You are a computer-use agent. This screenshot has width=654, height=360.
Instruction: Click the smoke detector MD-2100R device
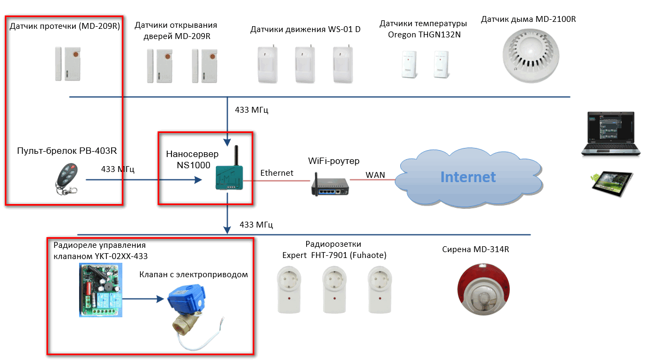tap(531, 56)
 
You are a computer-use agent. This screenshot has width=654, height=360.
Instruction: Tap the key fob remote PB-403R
tap(67, 179)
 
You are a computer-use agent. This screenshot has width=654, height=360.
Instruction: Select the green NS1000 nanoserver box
tap(229, 178)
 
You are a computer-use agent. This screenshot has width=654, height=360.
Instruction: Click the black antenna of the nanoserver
tap(236, 155)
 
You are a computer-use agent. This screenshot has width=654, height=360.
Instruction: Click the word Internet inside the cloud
tap(468, 177)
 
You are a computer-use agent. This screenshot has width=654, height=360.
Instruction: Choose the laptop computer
tap(611, 134)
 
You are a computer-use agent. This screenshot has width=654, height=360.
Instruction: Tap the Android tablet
tap(611, 184)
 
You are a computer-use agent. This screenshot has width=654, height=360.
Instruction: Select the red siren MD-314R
tap(483, 289)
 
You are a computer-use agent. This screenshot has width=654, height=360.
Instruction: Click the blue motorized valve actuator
tap(187, 300)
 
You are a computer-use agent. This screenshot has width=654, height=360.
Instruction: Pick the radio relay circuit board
tap(101, 290)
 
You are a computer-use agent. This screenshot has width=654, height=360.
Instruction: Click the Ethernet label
tap(276, 173)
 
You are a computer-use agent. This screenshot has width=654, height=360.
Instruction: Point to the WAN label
tap(375, 175)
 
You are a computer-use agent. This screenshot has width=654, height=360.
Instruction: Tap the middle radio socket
tap(334, 289)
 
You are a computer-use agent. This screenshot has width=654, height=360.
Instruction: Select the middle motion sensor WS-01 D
tap(305, 64)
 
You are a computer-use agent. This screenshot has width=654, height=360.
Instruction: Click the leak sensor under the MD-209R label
tap(68, 64)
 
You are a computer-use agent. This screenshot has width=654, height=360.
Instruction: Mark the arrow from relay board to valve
tap(143, 299)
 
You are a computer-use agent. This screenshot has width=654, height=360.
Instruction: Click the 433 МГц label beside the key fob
tap(118, 169)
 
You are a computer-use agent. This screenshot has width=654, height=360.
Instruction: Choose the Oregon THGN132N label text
tap(424, 35)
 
